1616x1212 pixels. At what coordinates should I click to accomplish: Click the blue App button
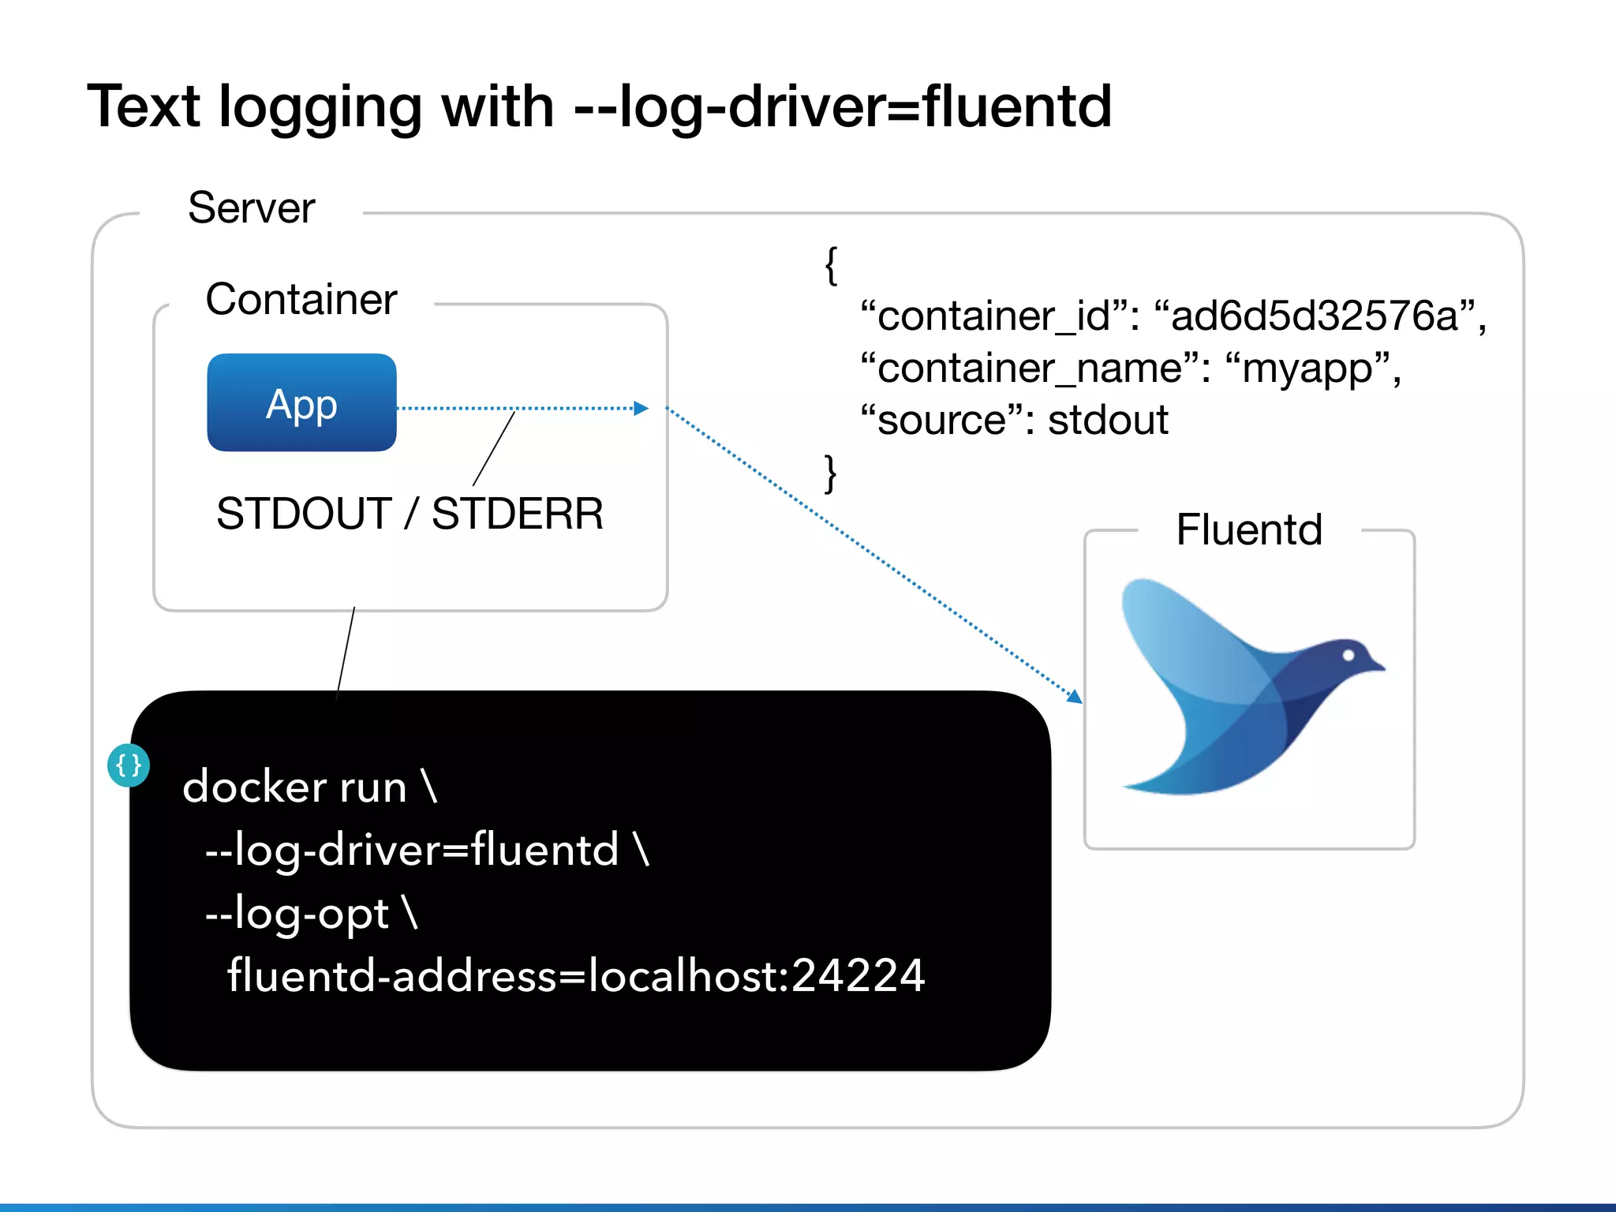click(301, 403)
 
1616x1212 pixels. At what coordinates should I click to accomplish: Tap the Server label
click(251, 208)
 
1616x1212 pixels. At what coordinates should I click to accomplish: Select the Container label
click(301, 300)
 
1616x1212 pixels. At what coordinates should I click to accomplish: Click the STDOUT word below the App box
click(304, 514)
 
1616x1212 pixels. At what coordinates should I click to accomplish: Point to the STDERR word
click(518, 514)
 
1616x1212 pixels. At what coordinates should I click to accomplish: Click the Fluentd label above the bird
click(1248, 529)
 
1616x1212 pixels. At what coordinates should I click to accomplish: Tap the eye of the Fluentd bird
click(1348, 655)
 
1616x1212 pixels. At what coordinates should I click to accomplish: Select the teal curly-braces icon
click(129, 765)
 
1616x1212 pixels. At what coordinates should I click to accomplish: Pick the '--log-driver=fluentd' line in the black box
click(426, 850)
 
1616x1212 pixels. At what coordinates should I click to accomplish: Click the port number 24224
click(857, 975)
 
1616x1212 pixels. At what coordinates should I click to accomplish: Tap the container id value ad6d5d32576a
click(1314, 316)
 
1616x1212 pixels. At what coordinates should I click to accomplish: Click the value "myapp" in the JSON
click(1307, 368)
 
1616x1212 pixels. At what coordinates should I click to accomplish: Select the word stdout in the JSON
click(1108, 420)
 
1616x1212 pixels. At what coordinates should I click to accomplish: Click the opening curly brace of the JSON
click(830, 265)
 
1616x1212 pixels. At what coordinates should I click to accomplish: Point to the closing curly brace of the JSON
click(830, 473)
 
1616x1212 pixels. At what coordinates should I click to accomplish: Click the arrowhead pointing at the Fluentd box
click(1075, 696)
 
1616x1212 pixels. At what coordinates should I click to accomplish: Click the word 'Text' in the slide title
click(144, 107)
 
